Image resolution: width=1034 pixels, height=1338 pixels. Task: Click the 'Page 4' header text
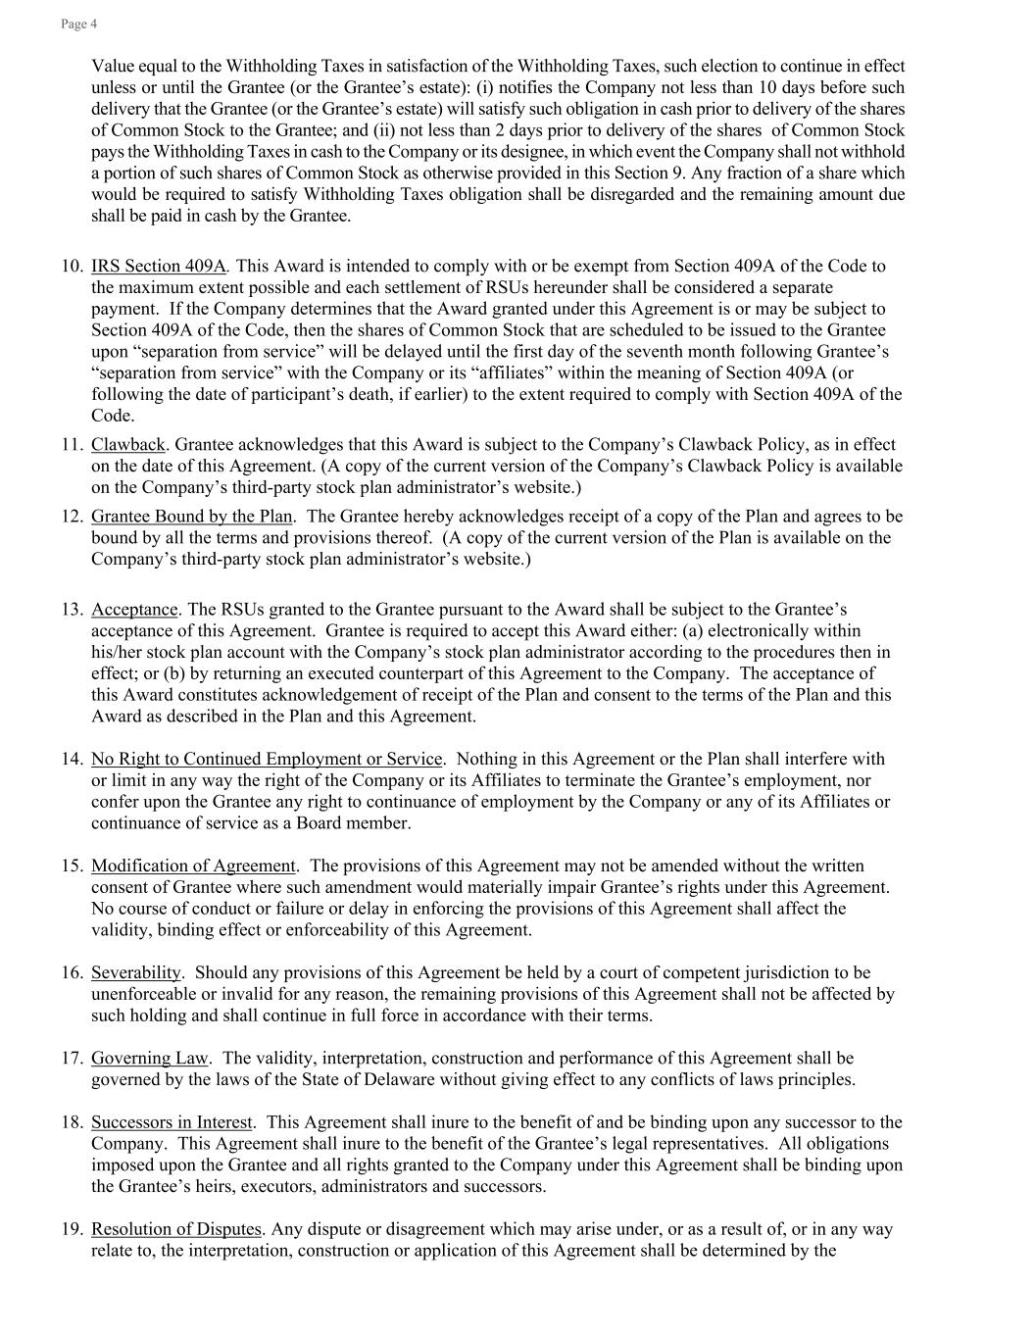tap(78, 24)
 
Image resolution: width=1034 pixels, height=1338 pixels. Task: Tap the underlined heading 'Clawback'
tap(128, 444)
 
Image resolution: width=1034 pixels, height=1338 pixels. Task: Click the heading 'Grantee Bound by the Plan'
tap(192, 516)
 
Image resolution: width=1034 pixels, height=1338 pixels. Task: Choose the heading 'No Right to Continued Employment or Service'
tap(267, 759)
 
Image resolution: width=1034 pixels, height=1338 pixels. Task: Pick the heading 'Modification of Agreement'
tap(193, 866)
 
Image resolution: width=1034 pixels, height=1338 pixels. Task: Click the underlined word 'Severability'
tap(136, 972)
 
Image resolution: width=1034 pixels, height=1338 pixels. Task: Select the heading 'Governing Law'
tap(150, 1058)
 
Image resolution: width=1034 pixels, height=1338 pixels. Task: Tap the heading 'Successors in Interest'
tap(172, 1121)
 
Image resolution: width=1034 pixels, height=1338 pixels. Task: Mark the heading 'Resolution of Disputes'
tap(176, 1229)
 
